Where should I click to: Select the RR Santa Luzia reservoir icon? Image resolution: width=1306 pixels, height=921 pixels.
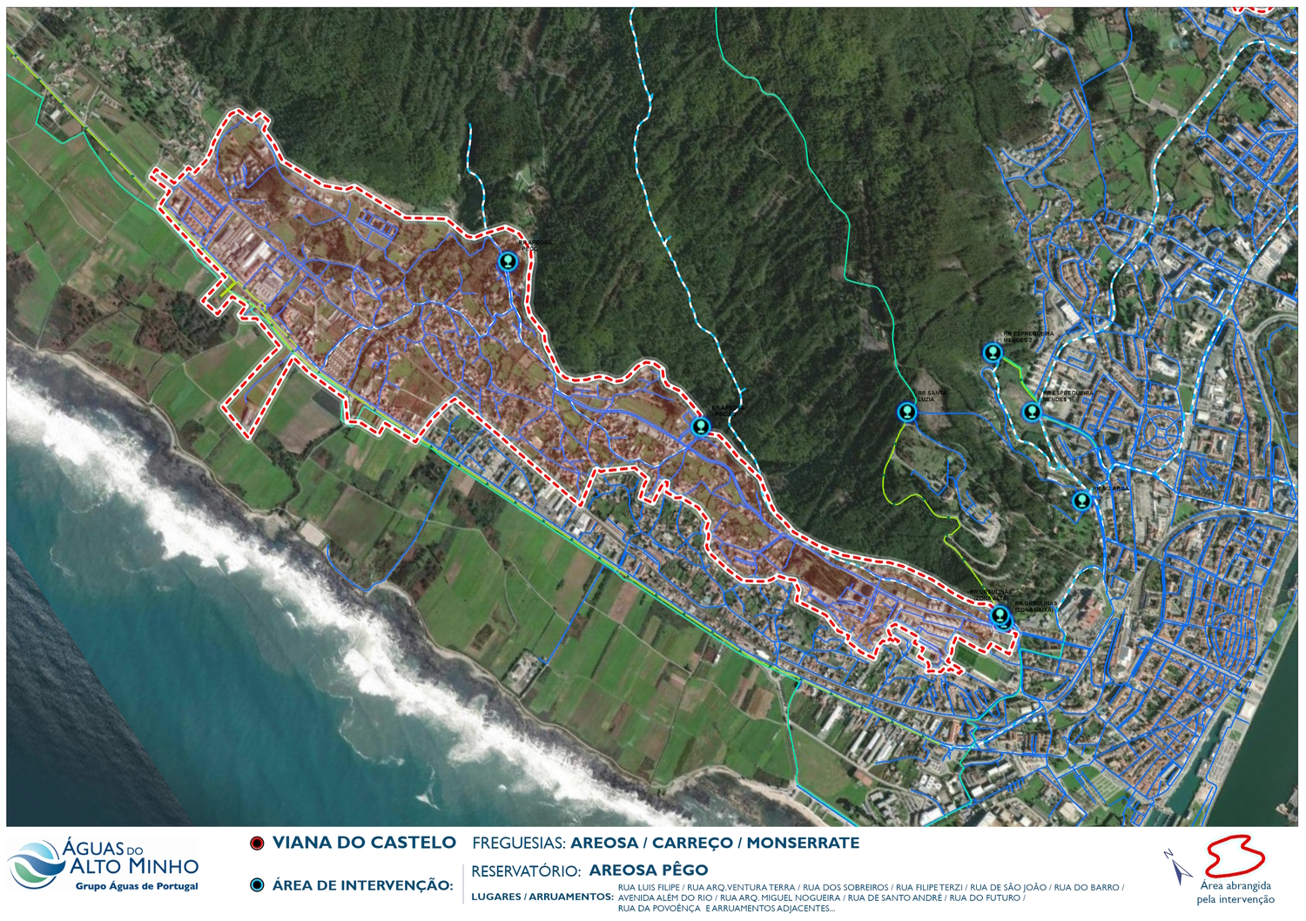(907, 412)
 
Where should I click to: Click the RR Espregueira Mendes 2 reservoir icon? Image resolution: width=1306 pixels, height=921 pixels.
(993, 353)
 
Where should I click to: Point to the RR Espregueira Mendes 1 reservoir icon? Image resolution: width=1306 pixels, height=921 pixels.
(1032, 412)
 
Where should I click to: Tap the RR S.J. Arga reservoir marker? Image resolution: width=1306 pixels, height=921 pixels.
(1081, 501)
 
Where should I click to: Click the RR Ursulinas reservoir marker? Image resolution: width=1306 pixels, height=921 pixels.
(1000, 616)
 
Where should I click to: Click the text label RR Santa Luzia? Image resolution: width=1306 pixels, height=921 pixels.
(932, 396)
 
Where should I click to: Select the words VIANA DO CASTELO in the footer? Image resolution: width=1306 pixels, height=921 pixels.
(364, 843)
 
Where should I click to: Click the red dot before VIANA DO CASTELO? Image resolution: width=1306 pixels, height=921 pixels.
(257, 844)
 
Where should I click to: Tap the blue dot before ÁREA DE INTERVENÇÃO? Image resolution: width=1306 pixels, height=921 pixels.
(257, 885)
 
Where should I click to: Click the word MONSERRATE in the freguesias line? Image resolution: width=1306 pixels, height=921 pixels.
(803, 843)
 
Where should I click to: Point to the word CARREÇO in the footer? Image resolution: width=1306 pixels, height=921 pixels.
(692, 843)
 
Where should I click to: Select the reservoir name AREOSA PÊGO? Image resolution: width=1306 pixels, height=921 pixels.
(648, 871)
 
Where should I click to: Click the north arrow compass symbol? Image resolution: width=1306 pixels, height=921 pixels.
(1178, 867)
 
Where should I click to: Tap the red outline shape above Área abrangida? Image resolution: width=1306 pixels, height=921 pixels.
(1234, 857)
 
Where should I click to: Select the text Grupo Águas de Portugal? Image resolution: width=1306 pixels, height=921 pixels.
(137, 886)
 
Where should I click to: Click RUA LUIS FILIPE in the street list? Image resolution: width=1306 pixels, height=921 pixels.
(649, 888)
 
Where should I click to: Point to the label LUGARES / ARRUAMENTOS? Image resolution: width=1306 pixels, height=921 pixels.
(542, 897)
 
